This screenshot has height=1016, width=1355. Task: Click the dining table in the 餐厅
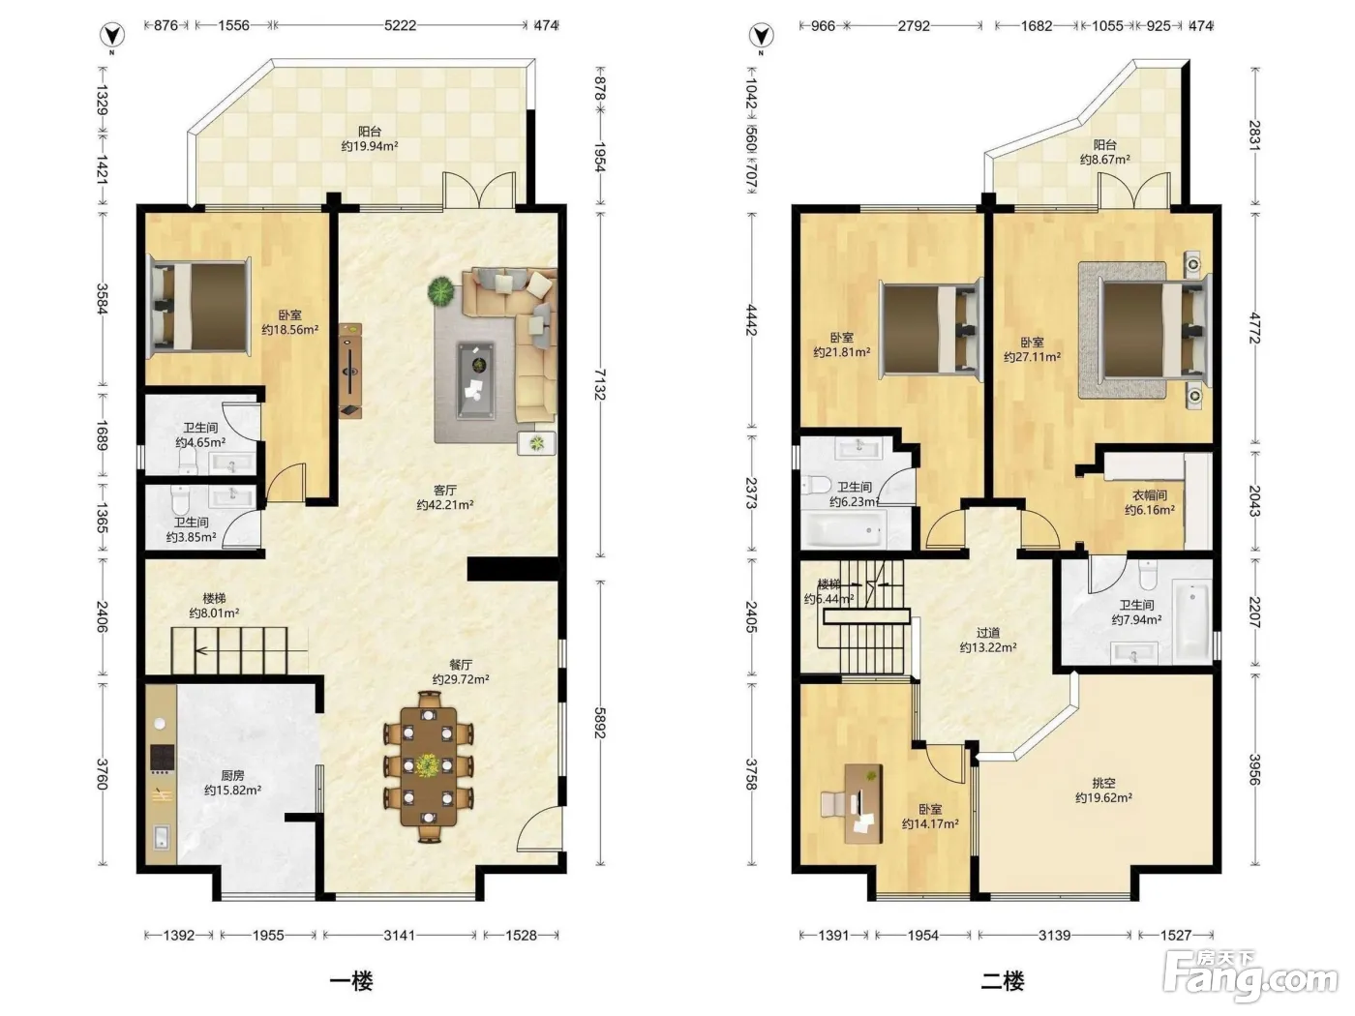(429, 766)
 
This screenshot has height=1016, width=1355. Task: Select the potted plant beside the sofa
(441, 291)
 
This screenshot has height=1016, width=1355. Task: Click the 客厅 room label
(445, 491)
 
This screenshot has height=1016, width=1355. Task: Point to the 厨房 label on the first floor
(232, 776)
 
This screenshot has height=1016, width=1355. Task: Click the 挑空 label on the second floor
(1103, 784)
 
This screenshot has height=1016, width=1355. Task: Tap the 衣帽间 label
(1150, 495)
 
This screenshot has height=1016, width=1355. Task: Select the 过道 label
(988, 633)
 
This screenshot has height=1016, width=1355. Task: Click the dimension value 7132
(600, 384)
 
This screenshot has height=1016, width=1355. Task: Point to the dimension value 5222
(400, 25)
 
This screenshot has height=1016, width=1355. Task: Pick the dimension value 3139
(1054, 935)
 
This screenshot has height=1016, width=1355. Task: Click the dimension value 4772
(1254, 328)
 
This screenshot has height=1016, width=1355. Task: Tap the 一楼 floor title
(351, 980)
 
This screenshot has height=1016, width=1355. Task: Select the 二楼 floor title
(1003, 980)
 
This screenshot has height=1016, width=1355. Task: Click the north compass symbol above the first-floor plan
(113, 35)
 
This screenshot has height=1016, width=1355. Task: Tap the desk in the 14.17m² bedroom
(863, 803)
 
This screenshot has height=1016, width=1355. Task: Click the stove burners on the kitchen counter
(162, 759)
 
